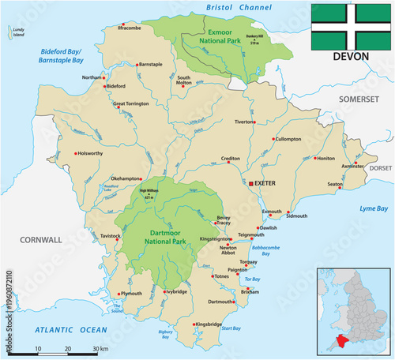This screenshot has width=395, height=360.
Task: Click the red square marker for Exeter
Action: point(252,183)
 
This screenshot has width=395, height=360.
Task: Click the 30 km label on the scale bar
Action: point(100,349)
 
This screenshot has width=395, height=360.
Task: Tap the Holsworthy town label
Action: point(91,153)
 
